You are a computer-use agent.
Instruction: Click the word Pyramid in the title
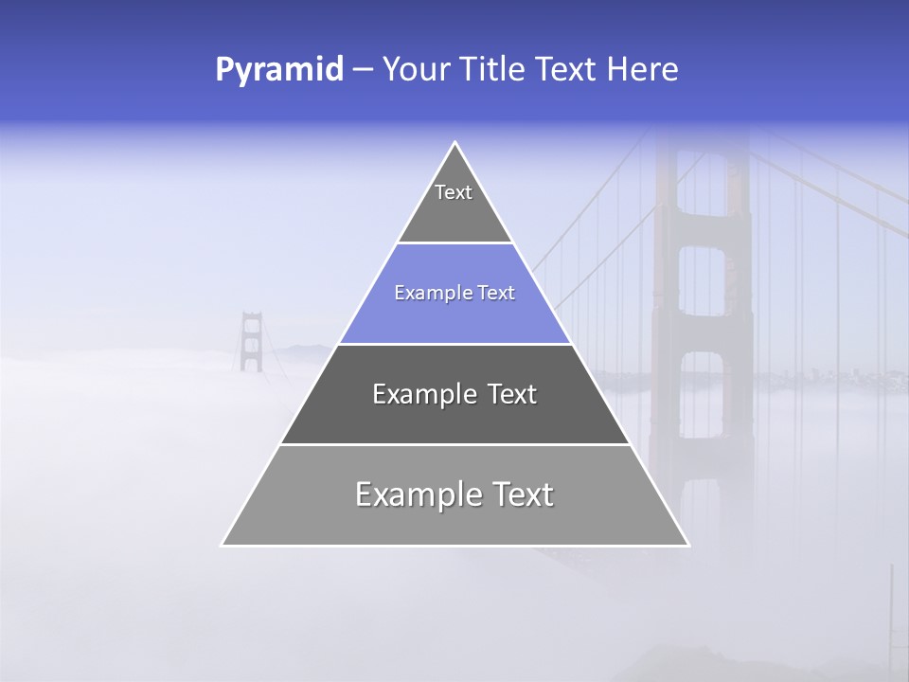pyautogui.click(x=279, y=70)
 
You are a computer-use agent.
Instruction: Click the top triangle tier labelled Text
pyautogui.click(x=454, y=204)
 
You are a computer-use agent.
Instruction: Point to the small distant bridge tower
pyautogui.click(x=251, y=341)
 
